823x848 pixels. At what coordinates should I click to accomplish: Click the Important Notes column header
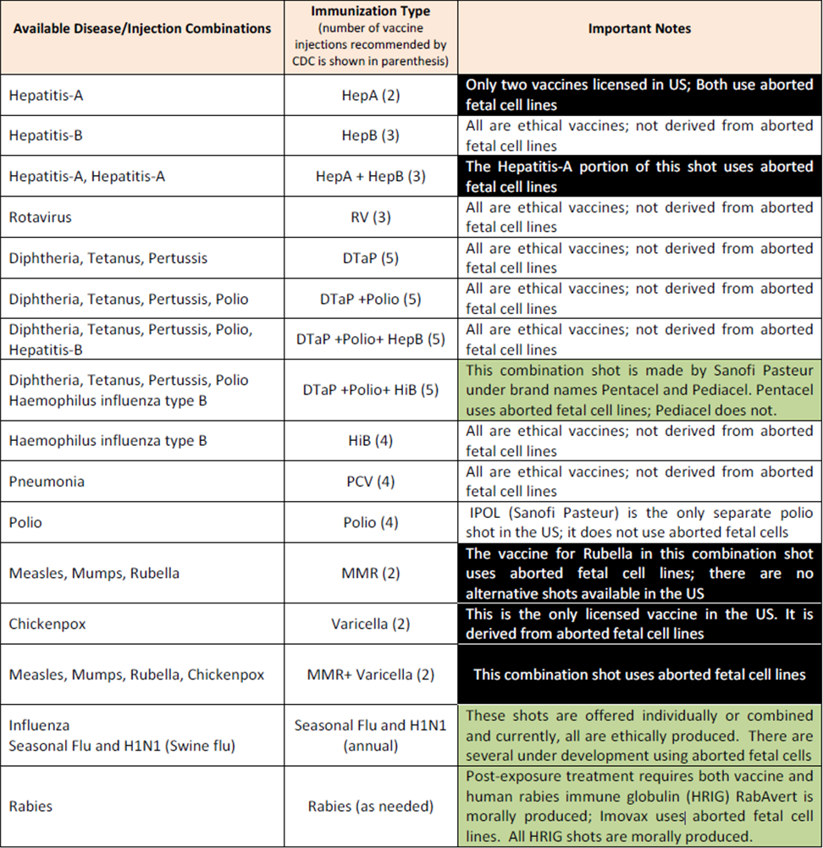tap(639, 29)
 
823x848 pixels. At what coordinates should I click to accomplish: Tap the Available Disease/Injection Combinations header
tap(140, 29)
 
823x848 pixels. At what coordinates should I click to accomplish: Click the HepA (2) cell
tap(370, 95)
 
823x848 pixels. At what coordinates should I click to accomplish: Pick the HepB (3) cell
tap(370, 135)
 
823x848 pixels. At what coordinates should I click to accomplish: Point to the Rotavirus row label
tap(40, 218)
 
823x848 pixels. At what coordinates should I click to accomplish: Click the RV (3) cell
tap(370, 218)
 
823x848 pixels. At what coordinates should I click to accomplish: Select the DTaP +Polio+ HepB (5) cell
tap(370, 339)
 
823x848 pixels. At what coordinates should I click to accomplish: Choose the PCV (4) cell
tap(370, 482)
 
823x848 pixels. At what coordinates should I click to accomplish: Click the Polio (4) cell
tap(370, 522)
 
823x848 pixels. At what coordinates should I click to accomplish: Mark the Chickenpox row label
tap(47, 624)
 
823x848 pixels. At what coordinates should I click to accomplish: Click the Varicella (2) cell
tap(370, 624)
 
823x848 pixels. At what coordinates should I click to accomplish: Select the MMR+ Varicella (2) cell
tap(370, 675)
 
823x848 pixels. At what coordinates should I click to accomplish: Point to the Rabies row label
tap(30, 806)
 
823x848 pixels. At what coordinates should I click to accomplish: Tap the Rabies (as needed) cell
tap(370, 806)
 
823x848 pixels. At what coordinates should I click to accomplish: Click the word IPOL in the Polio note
tap(485, 513)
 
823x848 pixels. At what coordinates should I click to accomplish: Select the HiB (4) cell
tap(370, 441)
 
